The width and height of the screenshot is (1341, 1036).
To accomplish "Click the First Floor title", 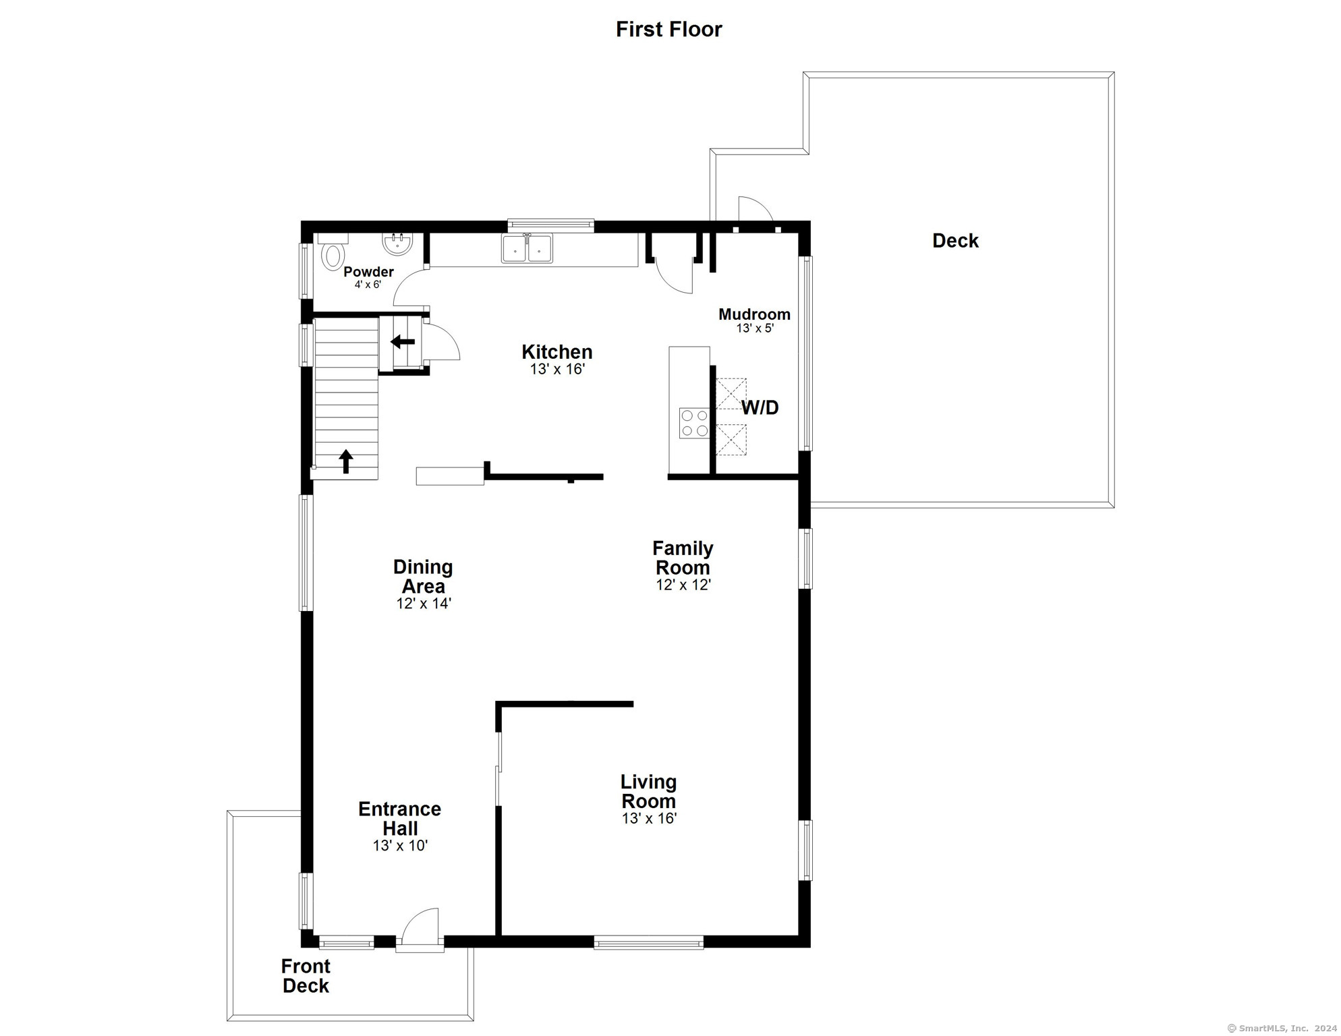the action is [x=668, y=29].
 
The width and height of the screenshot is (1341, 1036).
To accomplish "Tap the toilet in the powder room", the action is [x=332, y=252].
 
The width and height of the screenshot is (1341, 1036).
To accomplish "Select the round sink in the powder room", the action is [x=397, y=243].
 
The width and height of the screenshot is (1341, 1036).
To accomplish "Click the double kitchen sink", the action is [x=527, y=248].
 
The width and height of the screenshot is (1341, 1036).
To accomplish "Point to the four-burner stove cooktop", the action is [x=694, y=423].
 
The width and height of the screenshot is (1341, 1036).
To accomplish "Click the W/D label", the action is [x=760, y=407].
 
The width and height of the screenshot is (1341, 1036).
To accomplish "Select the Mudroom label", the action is [x=754, y=314].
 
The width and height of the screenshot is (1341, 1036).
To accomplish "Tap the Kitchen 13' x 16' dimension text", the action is [x=557, y=370].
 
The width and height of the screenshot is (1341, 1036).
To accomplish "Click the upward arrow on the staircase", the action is [x=346, y=461].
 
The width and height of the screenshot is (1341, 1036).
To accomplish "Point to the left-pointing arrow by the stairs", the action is [x=403, y=341].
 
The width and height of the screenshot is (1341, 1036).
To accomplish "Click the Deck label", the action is [x=955, y=241].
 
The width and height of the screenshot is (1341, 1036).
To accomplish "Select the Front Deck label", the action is [x=306, y=976].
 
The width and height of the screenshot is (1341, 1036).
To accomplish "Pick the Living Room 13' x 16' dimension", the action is [x=649, y=819].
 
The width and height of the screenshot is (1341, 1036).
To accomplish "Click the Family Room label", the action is [x=683, y=558].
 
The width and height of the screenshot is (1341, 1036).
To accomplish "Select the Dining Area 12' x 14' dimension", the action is [x=424, y=604].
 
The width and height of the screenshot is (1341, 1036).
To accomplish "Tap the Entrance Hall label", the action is [x=400, y=819].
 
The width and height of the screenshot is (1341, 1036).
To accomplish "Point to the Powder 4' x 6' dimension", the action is [x=368, y=285].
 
